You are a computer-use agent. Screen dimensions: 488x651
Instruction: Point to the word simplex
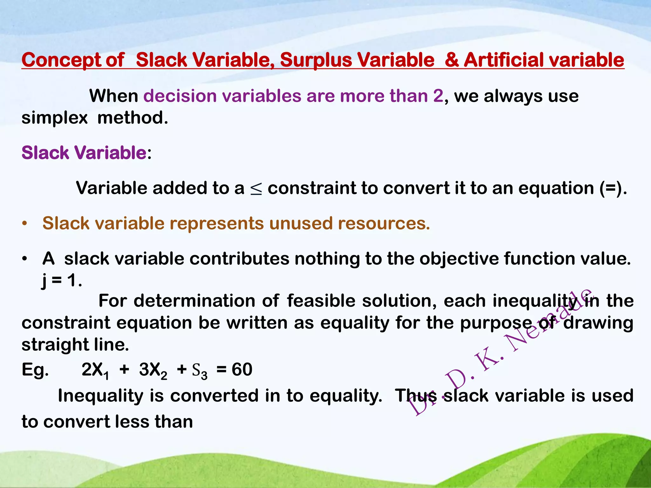coord(54,118)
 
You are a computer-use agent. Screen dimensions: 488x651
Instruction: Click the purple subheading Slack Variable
coord(84,153)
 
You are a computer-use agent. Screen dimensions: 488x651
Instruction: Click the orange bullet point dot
coord(24,224)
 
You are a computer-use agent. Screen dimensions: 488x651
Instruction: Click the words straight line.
coord(75,345)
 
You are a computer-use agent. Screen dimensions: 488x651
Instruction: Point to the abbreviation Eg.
coord(35,370)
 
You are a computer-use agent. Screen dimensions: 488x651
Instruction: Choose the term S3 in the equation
coord(200,371)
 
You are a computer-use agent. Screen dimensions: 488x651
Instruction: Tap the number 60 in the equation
coord(242,370)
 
